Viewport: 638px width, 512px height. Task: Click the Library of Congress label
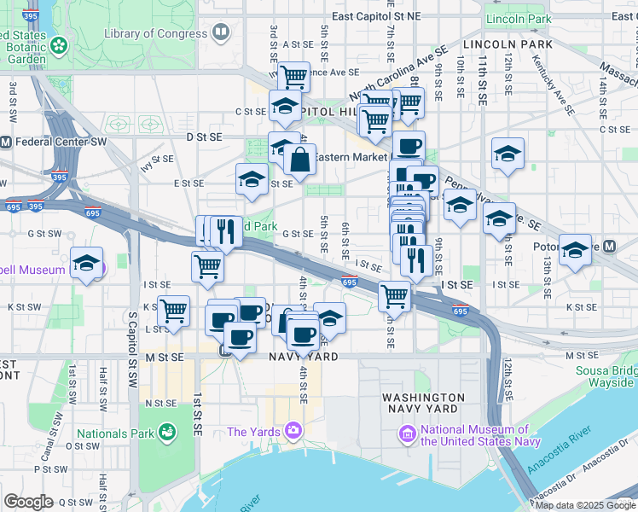[154, 33]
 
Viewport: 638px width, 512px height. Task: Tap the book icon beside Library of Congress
[221, 33]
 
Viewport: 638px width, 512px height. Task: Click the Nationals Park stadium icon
[167, 433]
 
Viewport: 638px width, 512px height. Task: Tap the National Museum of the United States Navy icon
[407, 435]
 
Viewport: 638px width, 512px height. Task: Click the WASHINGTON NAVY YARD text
[423, 404]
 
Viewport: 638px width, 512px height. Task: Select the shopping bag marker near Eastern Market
[300, 159]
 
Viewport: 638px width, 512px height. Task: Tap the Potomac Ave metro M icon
[609, 246]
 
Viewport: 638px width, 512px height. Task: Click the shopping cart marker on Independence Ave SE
[294, 76]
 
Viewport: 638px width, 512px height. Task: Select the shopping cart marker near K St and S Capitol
[174, 310]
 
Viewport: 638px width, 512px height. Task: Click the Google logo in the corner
[28, 501]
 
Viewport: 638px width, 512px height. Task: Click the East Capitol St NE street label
[376, 16]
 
